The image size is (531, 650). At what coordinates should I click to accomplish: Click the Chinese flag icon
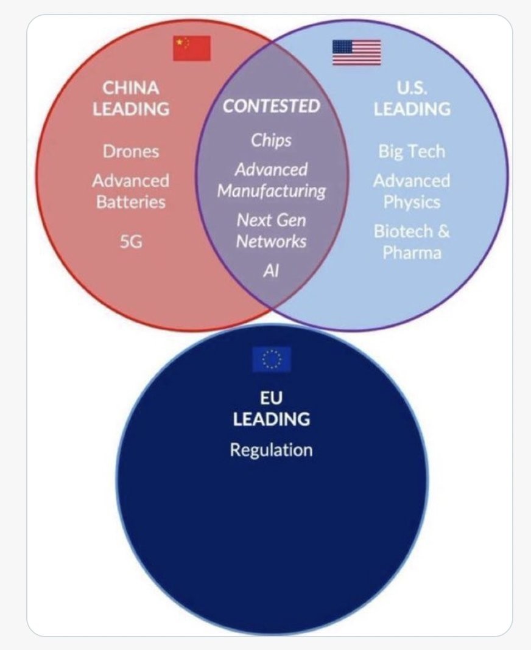click(x=192, y=49)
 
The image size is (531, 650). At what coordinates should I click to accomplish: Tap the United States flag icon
click(x=356, y=52)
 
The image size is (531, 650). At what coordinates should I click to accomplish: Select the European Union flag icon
click(x=272, y=359)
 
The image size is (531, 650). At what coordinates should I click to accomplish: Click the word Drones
click(x=130, y=152)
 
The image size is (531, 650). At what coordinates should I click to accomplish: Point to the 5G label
click(x=131, y=242)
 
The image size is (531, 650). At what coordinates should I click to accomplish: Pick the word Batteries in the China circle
click(x=131, y=201)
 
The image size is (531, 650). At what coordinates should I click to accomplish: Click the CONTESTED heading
click(x=271, y=106)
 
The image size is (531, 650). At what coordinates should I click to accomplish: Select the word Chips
click(x=271, y=140)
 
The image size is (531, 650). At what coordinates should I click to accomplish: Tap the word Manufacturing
click(x=271, y=191)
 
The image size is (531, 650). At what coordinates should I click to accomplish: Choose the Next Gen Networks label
click(x=271, y=231)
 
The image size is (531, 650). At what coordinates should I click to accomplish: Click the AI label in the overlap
click(x=271, y=271)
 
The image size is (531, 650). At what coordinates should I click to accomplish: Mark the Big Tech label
click(x=412, y=152)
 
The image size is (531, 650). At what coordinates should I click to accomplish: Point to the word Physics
click(x=412, y=201)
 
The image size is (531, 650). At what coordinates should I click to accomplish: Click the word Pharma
click(x=412, y=252)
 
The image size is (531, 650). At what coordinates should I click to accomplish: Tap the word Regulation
click(x=271, y=450)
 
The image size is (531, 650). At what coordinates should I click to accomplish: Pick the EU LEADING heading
click(x=271, y=408)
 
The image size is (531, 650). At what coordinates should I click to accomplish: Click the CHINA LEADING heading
click(x=131, y=98)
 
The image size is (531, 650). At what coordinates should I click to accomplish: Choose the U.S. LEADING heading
click(x=412, y=98)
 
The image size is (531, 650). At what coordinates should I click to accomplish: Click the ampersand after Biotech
click(x=443, y=231)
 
